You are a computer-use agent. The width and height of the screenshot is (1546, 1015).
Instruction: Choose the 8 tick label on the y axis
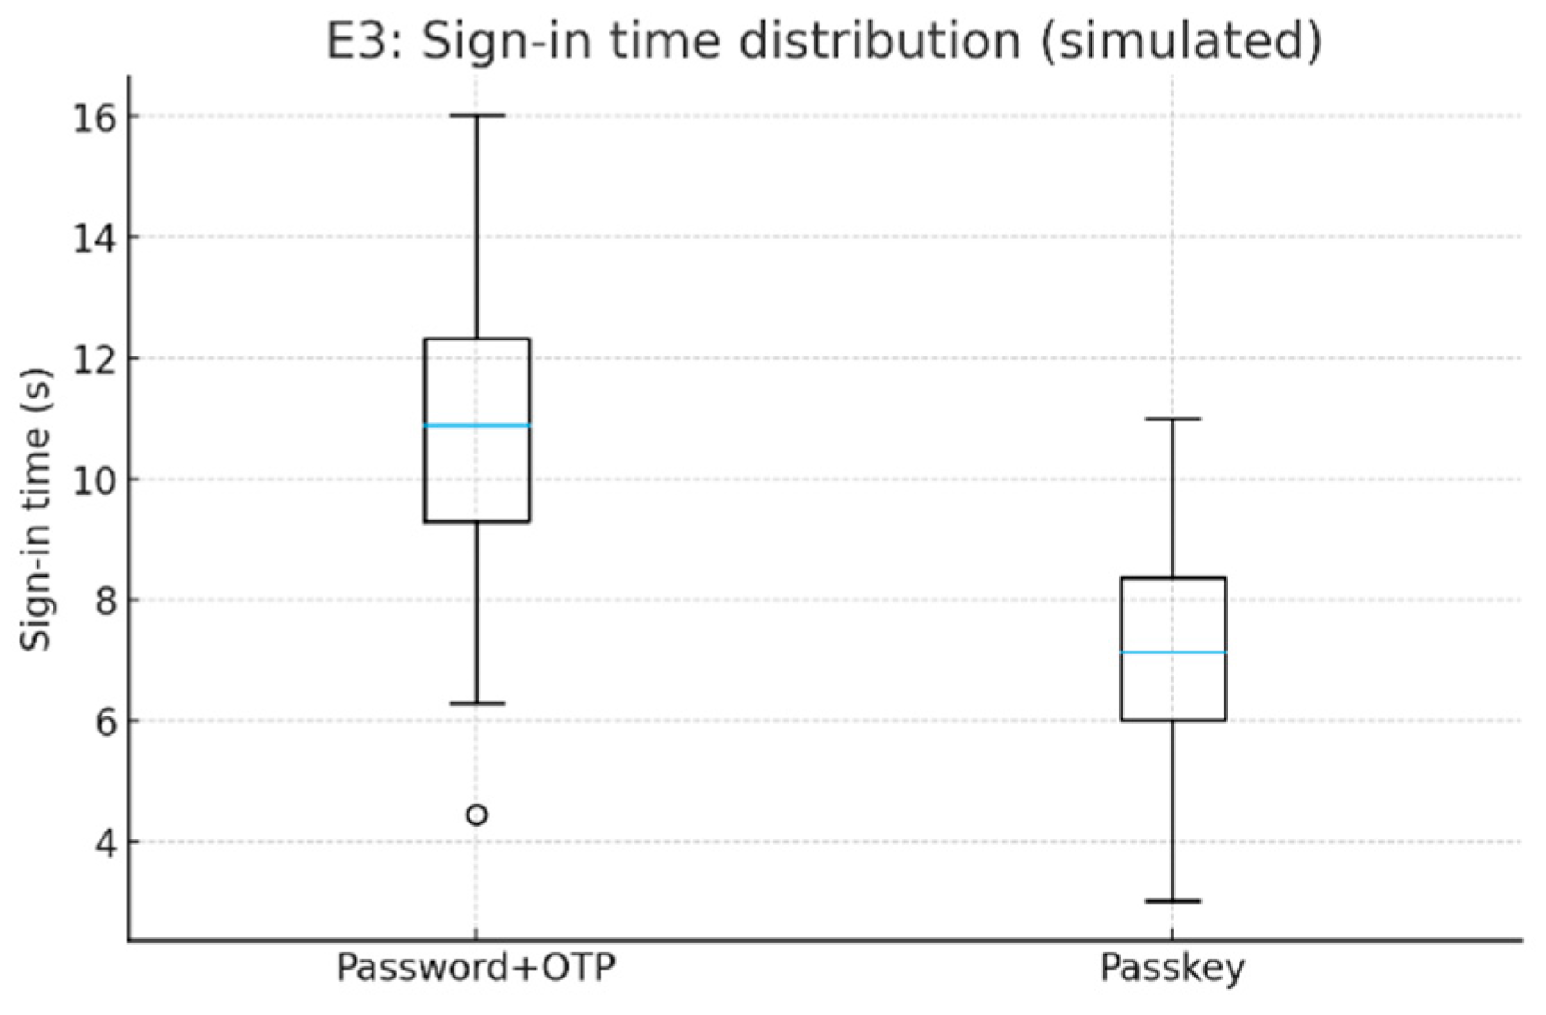click(104, 601)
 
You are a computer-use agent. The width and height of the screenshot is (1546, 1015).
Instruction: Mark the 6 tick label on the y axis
click(104, 721)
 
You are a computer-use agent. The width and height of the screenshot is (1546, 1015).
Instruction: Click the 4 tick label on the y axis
click(104, 842)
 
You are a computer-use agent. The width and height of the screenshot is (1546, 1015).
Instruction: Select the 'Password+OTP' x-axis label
click(476, 968)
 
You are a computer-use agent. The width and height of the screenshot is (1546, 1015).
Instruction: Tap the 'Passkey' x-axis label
click(1172, 968)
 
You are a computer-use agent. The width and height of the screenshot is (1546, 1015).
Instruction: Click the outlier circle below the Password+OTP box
click(477, 814)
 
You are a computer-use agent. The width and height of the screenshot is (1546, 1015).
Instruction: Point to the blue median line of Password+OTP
click(477, 425)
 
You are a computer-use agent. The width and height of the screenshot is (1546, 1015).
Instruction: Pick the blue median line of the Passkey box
click(1173, 652)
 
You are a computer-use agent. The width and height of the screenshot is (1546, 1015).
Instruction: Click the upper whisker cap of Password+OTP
click(477, 116)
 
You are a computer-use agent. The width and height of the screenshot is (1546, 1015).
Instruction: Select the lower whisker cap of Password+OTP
click(477, 703)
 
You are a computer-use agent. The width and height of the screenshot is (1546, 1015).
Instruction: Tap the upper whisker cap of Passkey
click(1173, 418)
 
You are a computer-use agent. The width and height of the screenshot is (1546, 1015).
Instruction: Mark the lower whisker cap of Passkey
click(1173, 901)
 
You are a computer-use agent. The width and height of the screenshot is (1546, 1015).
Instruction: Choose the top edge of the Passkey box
click(1173, 578)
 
